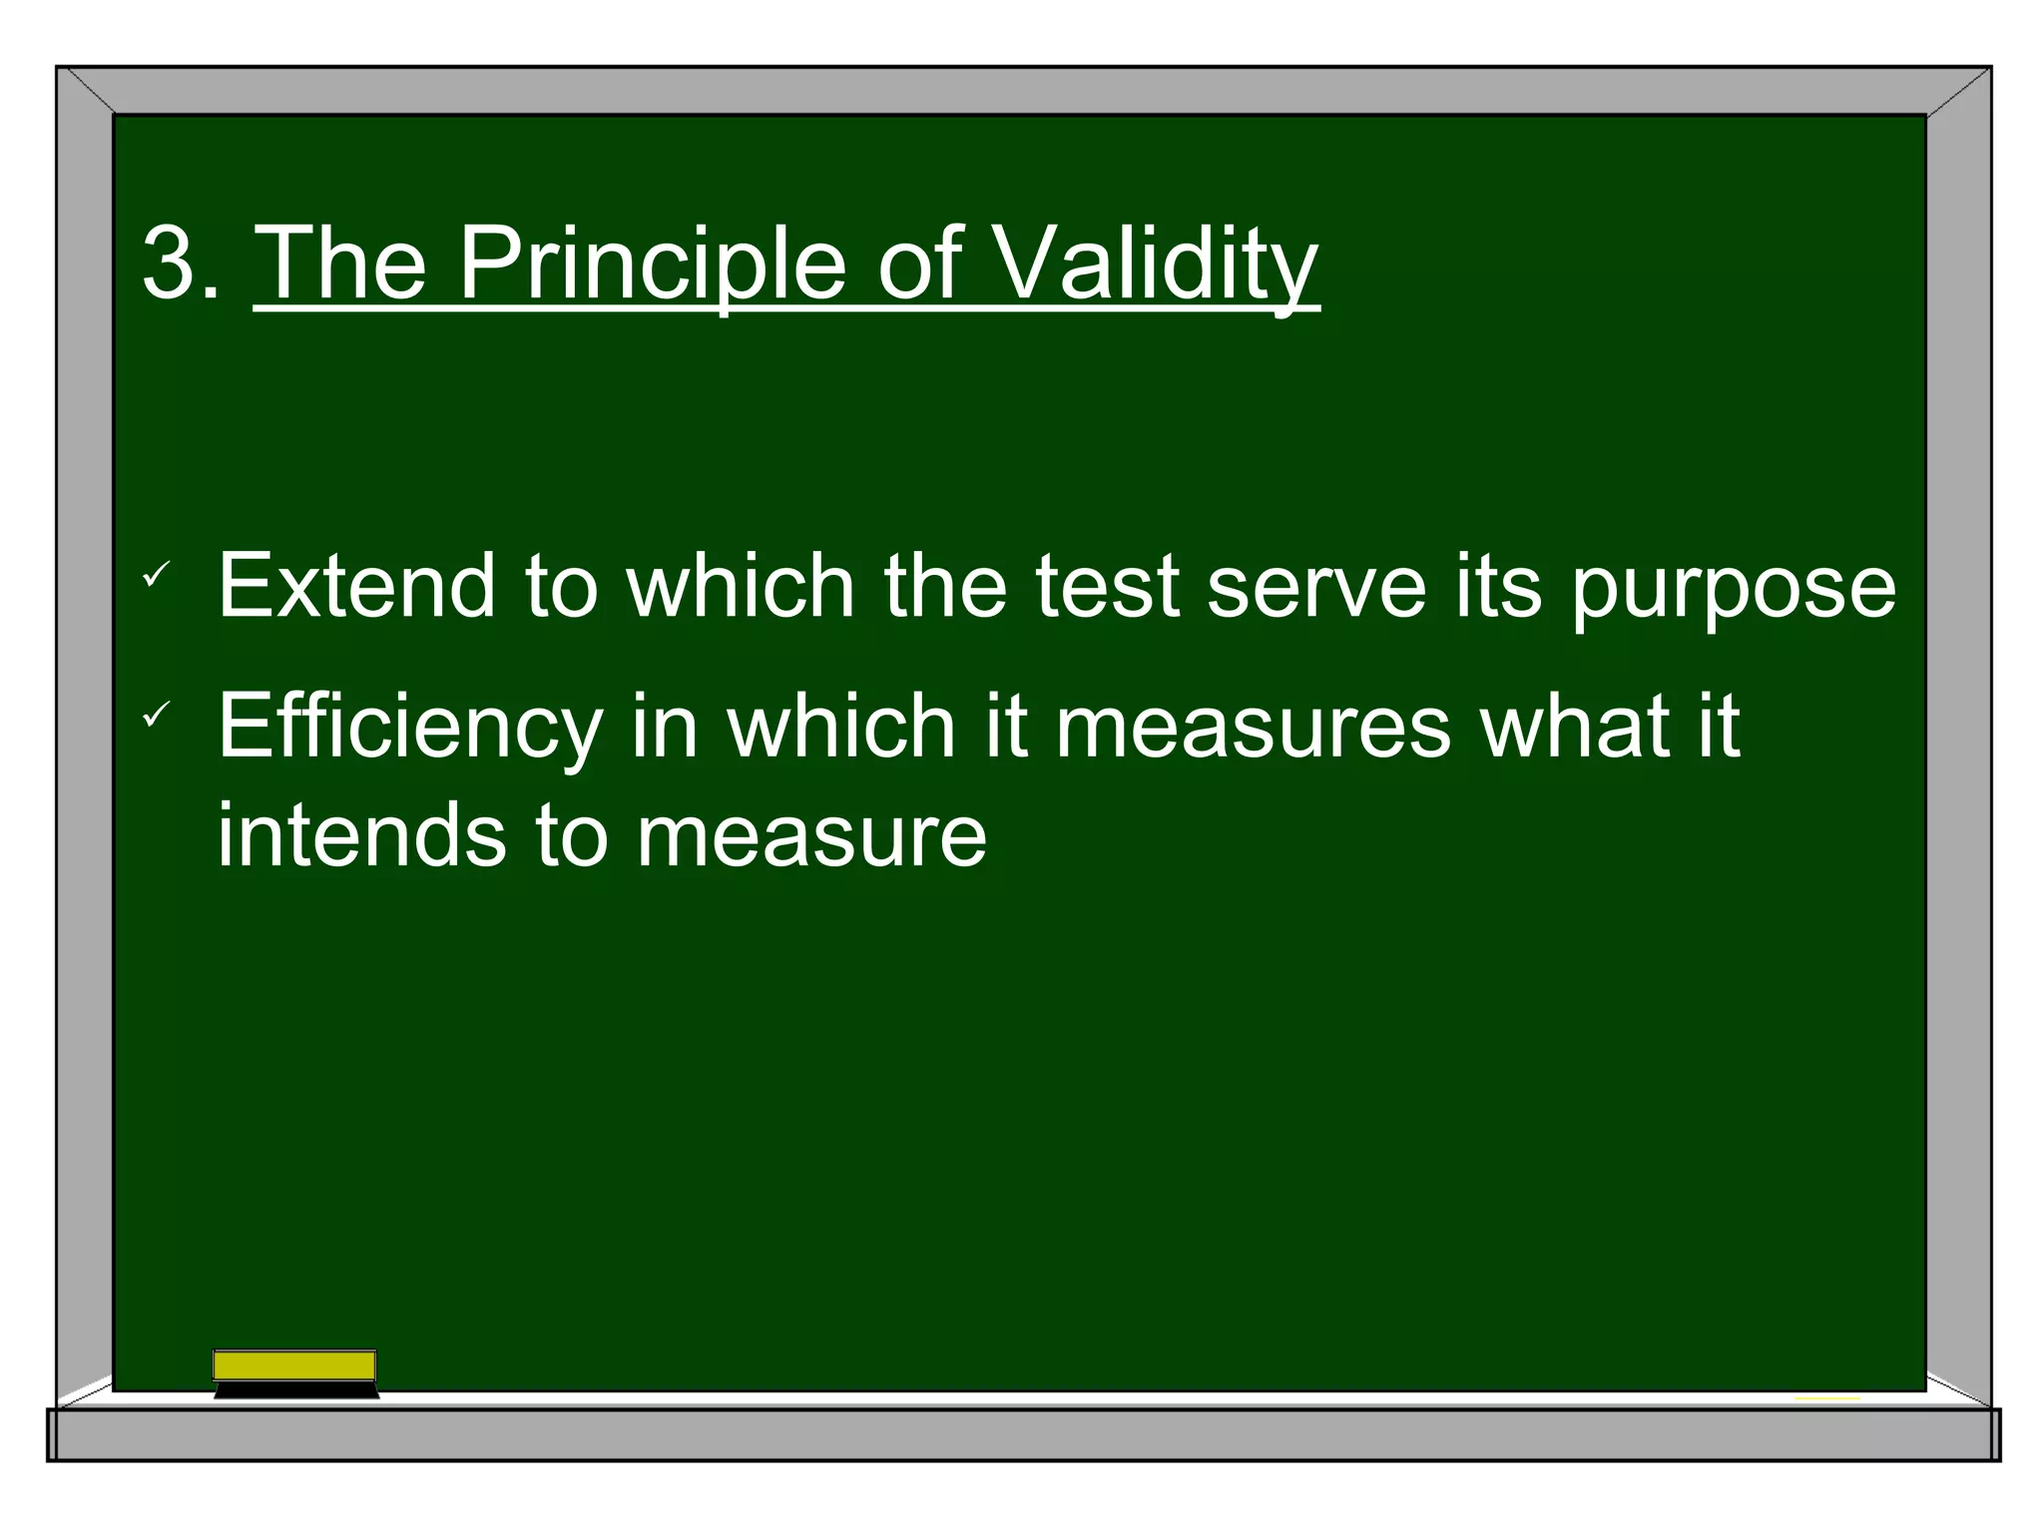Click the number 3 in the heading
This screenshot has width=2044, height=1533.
(x=170, y=263)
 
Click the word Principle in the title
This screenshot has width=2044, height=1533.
(x=653, y=263)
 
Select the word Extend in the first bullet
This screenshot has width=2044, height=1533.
(x=356, y=587)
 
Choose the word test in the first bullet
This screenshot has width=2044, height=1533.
(x=1107, y=587)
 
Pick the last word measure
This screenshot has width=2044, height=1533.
(x=811, y=836)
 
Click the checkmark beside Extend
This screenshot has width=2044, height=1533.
(x=157, y=575)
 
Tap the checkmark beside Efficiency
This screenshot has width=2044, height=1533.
(x=157, y=715)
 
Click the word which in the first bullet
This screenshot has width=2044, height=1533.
(x=740, y=587)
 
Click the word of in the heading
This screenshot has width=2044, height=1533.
(x=918, y=263)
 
